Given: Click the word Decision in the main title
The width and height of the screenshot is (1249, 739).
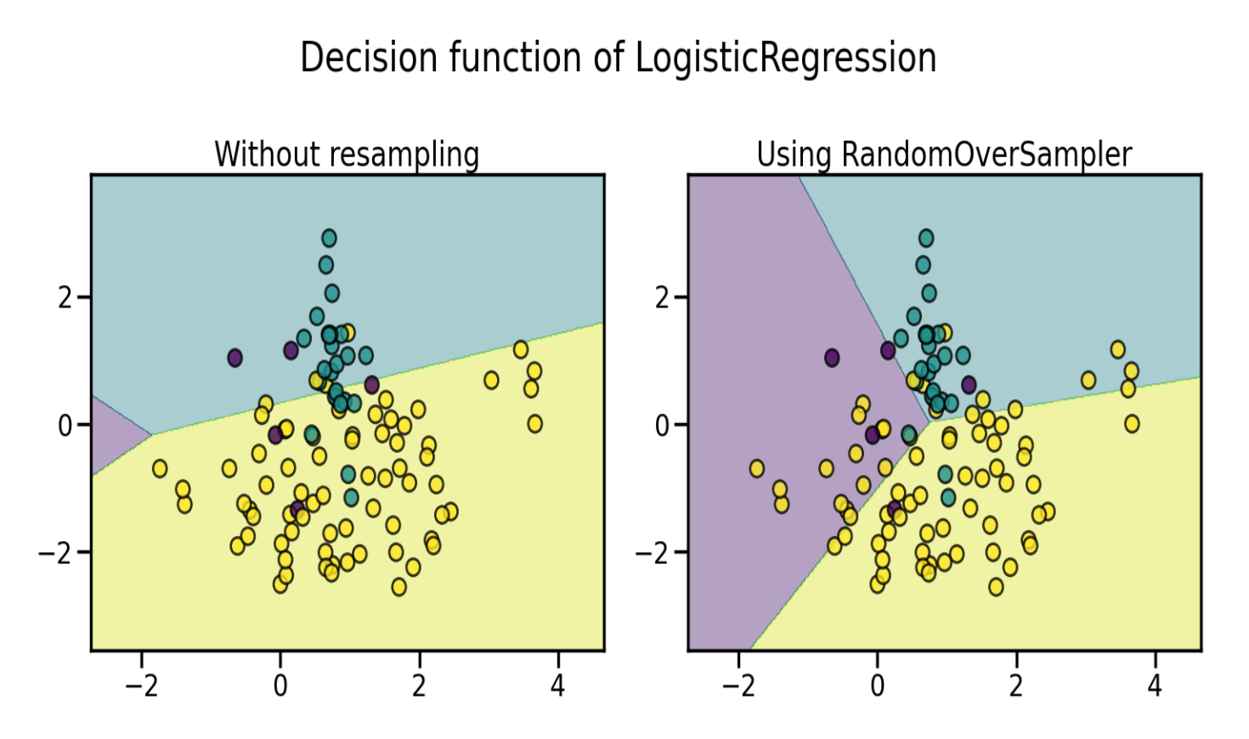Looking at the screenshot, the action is [x=369, y=57].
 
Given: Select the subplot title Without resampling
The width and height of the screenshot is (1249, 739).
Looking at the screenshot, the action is [x=347, y=155].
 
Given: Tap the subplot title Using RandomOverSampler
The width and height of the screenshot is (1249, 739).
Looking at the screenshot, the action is [x=944, y=155].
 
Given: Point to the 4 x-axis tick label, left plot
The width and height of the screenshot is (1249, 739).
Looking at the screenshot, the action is [x=558, y=685].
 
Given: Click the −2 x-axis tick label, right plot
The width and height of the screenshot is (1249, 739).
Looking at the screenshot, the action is [x=739, y=685].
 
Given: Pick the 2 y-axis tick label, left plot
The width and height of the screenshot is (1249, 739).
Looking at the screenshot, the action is [x=65, y=297].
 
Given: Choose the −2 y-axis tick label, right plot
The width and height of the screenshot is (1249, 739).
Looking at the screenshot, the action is [x=653, y=553].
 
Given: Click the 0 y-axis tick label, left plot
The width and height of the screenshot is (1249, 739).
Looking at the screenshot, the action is [x=65, y=426].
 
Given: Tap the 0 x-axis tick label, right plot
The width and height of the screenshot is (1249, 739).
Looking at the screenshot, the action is [x=878, y=685].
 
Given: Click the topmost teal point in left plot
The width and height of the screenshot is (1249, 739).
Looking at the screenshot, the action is [x=329, y=239].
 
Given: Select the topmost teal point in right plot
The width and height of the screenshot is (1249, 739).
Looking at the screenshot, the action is [x=926, y=239].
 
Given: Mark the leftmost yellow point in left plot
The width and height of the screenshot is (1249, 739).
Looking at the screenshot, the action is [x=160, y=468].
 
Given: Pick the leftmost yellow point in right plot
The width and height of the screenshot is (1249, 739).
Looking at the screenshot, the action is [x=757, y=468].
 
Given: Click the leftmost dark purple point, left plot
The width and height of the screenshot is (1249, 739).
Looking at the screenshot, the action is [x=235, y=358].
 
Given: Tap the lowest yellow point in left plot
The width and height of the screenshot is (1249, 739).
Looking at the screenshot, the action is [x=398, y=587].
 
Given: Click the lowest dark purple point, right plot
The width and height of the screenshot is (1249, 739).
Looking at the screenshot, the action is [x=895, y=508].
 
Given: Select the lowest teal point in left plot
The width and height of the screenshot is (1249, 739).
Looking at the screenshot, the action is [x=351, y=498].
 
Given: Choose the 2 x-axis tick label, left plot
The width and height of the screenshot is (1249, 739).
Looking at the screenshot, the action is [x=420, y=685].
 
